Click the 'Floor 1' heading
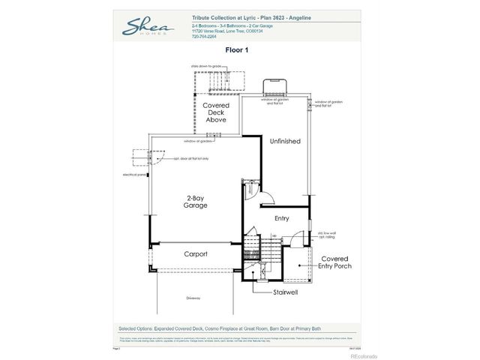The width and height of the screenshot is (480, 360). [x=237, y=49]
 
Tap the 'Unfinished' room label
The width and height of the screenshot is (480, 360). [x=285, y=141]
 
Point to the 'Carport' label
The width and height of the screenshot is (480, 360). [x=196, y=253]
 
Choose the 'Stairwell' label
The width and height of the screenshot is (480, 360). [x=286, y=292]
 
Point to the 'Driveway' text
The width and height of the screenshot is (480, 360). [x=193, y=298]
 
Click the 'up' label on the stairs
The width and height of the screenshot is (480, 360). [x=274, y=235]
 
